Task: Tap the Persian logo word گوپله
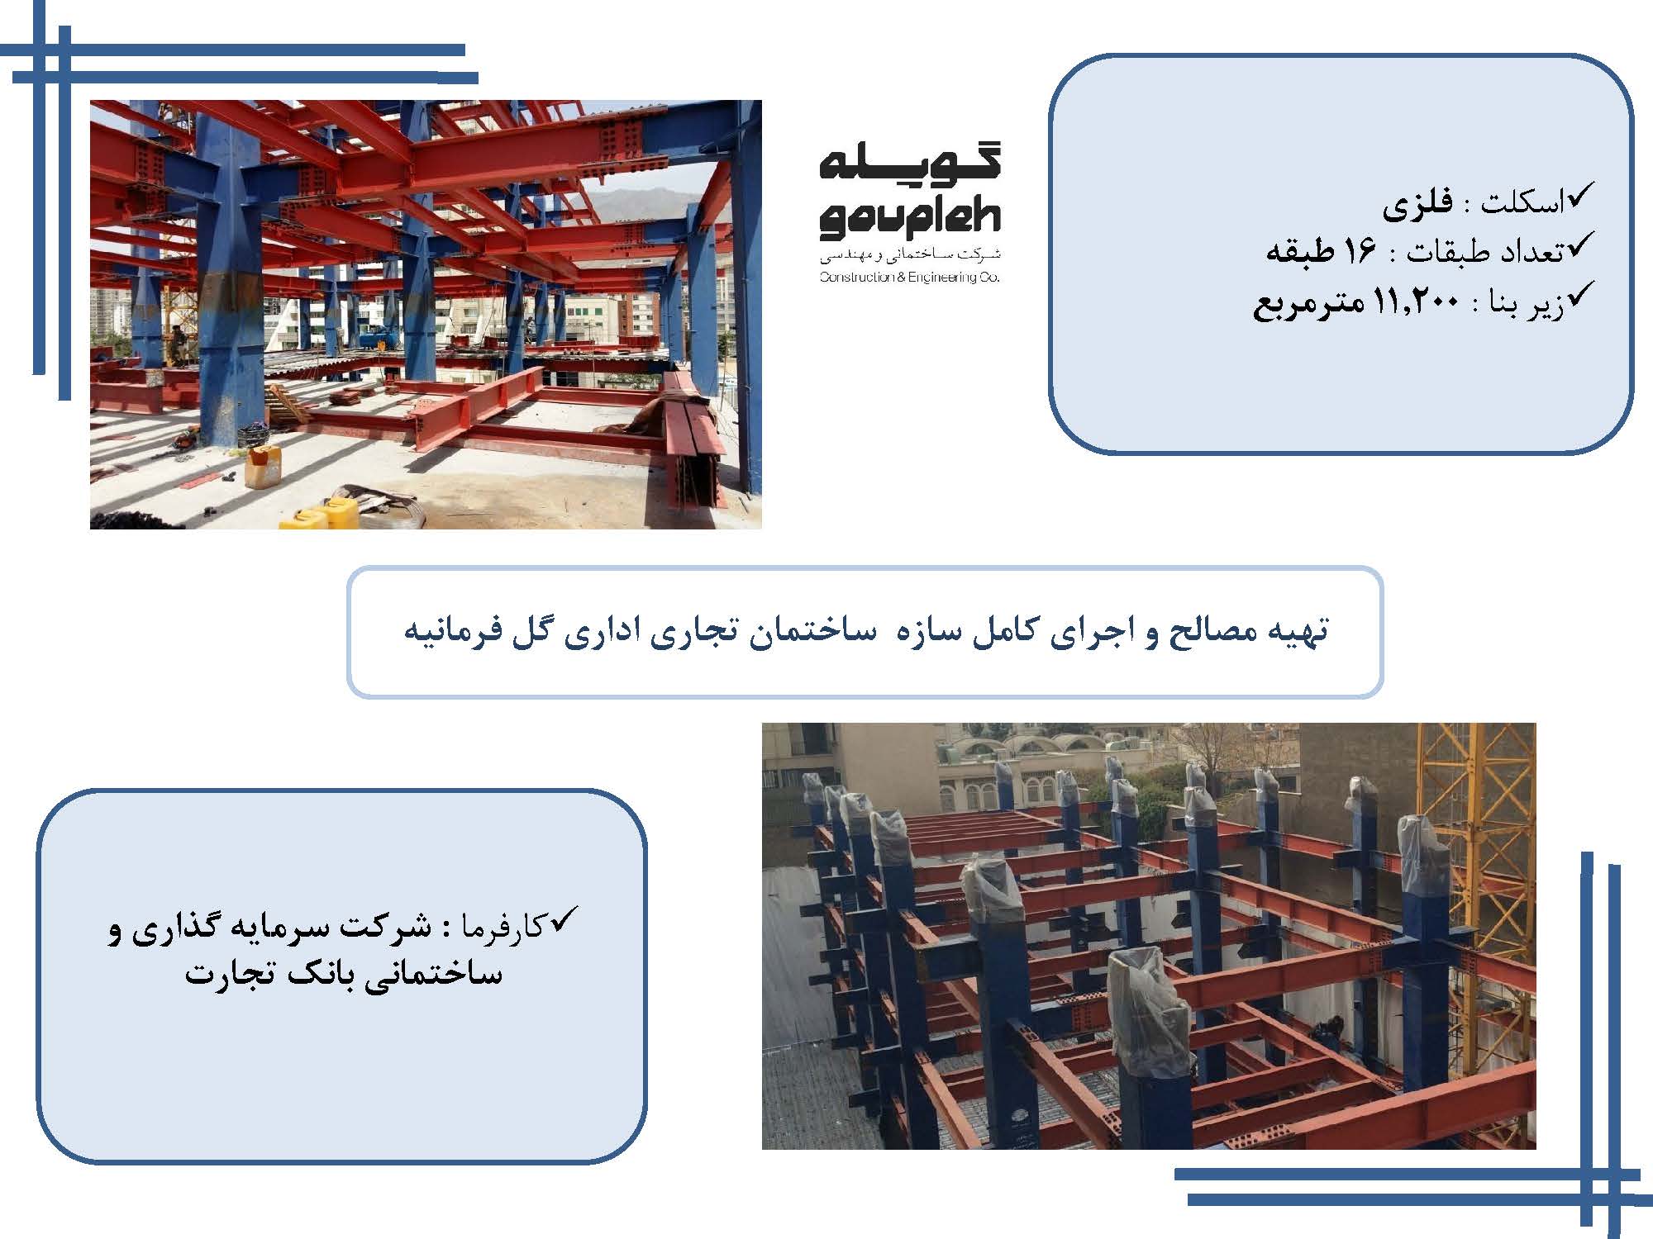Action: pos(910,162)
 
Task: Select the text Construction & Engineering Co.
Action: pos(910,278)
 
